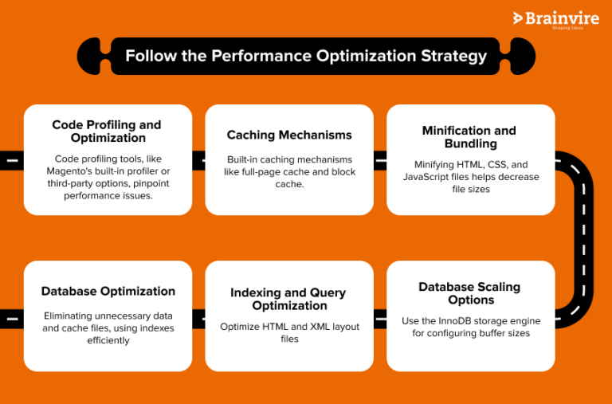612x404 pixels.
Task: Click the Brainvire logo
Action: point(555,19)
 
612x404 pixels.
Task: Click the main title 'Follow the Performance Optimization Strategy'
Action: point(305,57)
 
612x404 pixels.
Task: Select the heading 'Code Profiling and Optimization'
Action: point(107,131)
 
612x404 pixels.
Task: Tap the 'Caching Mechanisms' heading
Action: point(289,135)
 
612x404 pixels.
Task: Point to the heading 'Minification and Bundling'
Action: point(469,137)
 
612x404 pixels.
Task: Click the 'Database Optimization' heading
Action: point(108,291)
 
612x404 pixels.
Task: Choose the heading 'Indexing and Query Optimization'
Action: point(289,299)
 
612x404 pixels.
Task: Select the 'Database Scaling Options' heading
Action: point(469,293)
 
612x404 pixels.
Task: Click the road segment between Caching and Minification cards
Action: point(380,160)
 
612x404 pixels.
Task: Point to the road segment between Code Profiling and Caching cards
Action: point(198,160)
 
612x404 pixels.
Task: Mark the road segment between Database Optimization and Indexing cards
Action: point(198,316)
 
